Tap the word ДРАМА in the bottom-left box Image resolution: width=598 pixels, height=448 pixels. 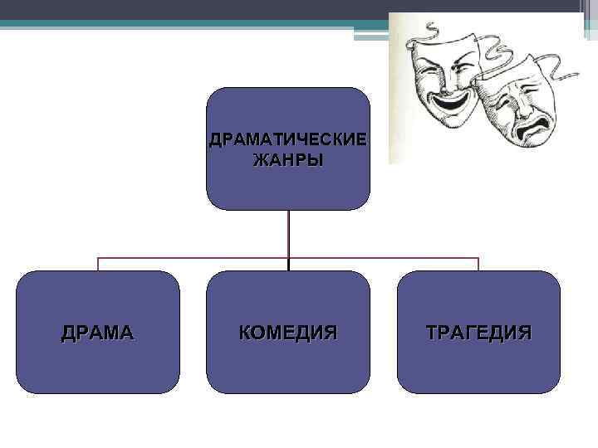[x=97, y=333]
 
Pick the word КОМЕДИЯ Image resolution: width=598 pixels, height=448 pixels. [x=287, y=333]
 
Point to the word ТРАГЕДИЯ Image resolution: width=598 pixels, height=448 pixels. [x=478, y=333]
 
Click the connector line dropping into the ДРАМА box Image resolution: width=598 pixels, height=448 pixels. [x=98, y=264]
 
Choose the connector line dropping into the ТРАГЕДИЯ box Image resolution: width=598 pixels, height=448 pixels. [x=478, y=264]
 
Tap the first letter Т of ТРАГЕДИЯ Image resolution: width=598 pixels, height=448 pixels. [x=432, y=333]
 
